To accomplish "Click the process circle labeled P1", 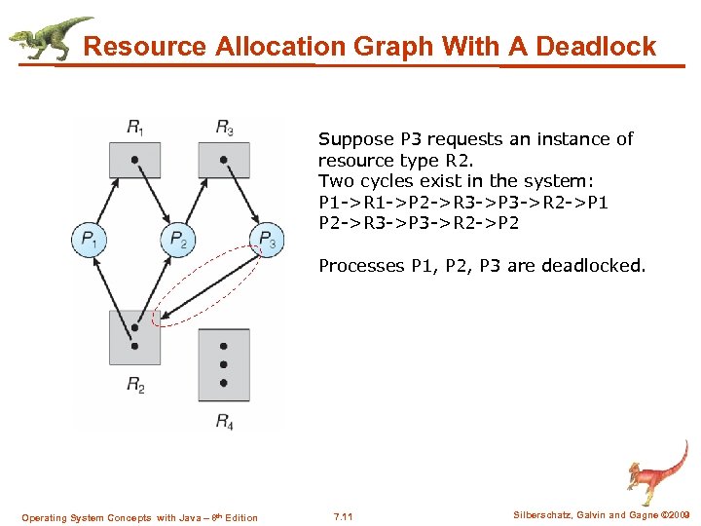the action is pos(90,238).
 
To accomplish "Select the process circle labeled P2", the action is pos(178,238).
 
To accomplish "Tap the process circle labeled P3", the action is pos(268,238).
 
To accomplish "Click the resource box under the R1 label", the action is pos(134,159).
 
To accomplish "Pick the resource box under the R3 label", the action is pos(224,159).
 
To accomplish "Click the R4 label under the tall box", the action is pos(224,422).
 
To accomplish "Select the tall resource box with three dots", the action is pos(224,364).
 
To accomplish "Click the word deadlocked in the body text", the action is pos(596,265).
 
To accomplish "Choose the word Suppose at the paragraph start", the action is pos(353,139).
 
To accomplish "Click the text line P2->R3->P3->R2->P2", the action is pos(419,223).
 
